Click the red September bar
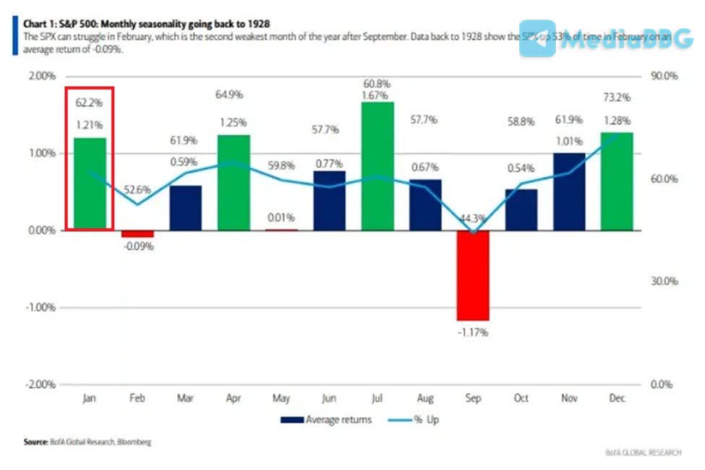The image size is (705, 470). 473,275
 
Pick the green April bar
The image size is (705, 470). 234,183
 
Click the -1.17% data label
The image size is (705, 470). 474,333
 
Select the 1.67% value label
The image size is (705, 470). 377,94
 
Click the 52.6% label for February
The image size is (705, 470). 137,190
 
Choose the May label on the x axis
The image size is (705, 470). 281,398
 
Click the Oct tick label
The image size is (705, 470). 521,398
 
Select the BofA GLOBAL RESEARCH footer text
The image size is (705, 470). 643,453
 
